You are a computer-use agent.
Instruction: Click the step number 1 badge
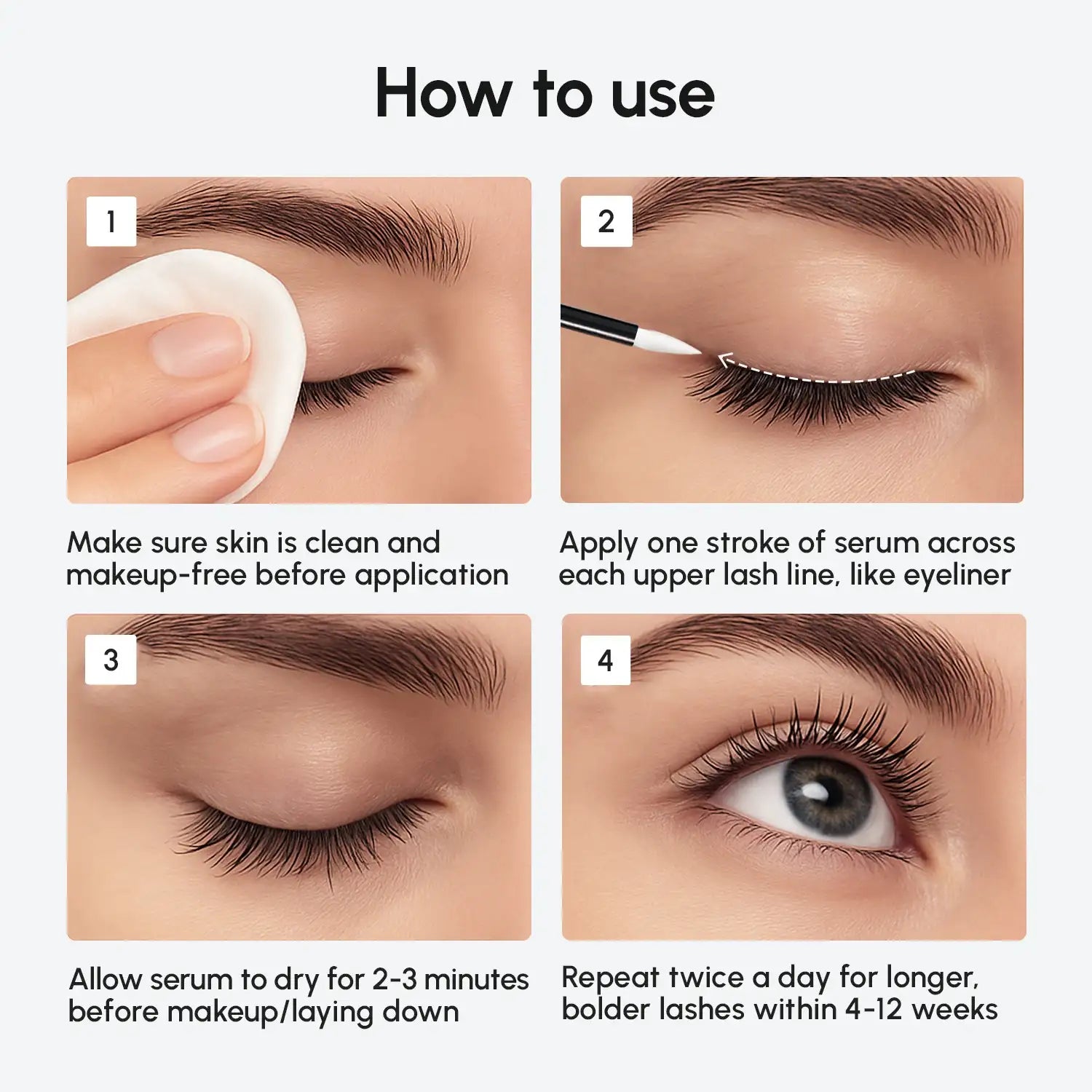111,221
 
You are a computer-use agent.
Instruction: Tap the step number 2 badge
606,221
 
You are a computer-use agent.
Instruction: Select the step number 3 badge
111,660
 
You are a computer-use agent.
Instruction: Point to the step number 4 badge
605,660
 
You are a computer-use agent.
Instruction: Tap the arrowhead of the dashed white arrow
724,360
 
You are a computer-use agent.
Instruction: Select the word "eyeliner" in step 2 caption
957,575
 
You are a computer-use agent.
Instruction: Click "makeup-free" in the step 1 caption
156,575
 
